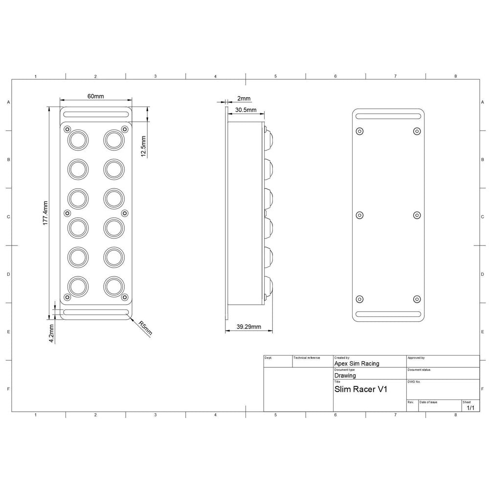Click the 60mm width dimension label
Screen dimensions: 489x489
point(95,96)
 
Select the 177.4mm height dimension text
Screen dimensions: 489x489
point(45,213)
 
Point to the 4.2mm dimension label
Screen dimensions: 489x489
point(51,332)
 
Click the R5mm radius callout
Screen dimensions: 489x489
point(145,328)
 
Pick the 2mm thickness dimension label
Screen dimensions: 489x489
point(244,99)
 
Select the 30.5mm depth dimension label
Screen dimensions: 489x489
point(245,110)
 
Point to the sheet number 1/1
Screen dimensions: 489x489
point(470,407)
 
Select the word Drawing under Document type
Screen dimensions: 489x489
point(345,376)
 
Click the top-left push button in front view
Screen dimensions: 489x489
point(78,139)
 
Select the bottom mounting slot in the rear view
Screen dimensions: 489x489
point(388,314)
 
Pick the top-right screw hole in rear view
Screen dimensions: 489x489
point(417,131)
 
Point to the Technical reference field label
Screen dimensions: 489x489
point(307,358)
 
